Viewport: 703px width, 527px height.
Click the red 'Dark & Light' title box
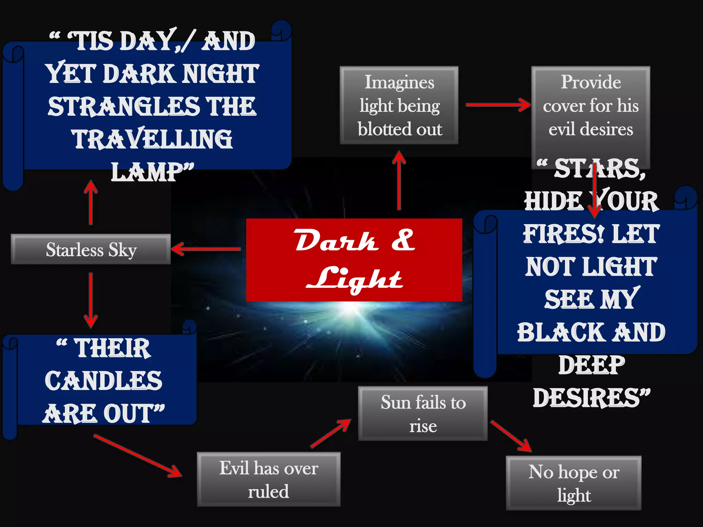(354, 260)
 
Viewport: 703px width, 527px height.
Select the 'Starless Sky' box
(91, 249)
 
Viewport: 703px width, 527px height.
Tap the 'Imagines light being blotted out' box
(399, 105)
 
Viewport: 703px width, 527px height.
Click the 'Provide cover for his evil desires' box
(590, 105)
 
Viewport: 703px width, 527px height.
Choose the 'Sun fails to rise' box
(423, 413)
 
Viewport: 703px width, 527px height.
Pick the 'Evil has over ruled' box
(269, 479)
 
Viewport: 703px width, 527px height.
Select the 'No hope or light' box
(574, 483)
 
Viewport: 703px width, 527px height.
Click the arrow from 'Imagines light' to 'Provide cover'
(498, 105)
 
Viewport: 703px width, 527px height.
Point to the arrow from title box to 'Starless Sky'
(206, 249)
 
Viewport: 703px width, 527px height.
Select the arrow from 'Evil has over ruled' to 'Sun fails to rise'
(331, 433)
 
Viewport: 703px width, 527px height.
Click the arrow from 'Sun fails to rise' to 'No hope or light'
(511, 436)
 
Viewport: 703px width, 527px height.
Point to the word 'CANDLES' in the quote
(103, 381)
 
